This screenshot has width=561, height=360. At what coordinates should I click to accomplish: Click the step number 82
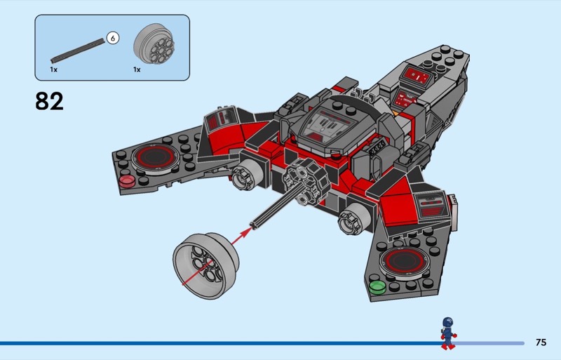49,101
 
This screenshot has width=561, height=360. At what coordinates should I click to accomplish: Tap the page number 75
540,342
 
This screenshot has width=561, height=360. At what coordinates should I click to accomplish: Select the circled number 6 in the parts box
112,39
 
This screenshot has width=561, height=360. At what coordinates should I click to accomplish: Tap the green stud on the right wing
377,286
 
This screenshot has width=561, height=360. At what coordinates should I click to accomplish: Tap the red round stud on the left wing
128,182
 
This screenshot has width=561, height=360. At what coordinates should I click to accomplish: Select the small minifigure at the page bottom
447,333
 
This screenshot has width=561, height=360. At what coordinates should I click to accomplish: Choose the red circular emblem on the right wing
403,261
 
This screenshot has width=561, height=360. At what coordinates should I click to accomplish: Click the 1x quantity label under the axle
53,70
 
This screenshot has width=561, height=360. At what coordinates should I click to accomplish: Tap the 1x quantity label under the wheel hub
137,70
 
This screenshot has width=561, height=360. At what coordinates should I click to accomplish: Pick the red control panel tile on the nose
415,76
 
